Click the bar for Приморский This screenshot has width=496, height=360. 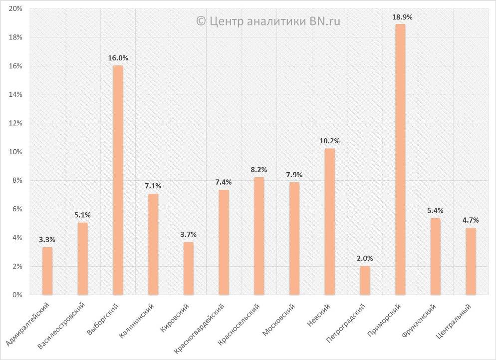[x=400, y=160]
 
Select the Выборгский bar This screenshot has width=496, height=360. [x=118, y=180]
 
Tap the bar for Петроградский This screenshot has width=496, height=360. [x=365, y=280]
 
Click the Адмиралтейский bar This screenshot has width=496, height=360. [x=47, y=271]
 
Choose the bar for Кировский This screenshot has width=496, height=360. [x=189, y=268]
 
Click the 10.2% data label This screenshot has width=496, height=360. [x=329, y=141]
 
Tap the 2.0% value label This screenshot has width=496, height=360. [x=365, y=258]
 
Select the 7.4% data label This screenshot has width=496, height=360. [x=224, y=182]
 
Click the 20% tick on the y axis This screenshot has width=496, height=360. [x=15, y=9]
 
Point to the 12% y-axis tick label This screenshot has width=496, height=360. [x=15, y=123]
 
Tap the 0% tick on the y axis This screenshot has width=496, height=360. [x=17, y=295]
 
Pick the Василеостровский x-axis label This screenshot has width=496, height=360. [x=62, y=325]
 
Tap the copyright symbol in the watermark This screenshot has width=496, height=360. [x=201, y=21]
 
